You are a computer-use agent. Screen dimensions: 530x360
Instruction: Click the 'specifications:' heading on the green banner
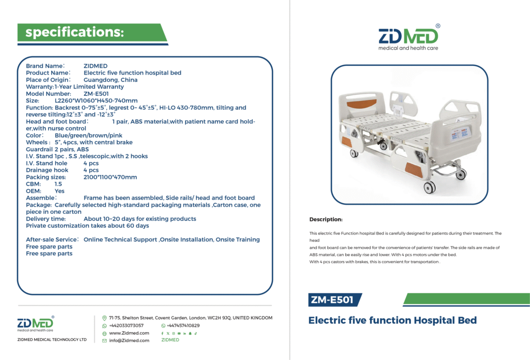[x=75, y=32]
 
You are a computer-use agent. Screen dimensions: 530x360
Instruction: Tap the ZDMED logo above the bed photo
[x=409, y=38]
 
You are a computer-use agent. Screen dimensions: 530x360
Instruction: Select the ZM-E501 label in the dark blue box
[x=332, y=300]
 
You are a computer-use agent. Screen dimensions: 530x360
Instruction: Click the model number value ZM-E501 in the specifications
[x=96, y=94]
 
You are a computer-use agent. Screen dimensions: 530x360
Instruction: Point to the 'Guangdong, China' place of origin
[x=111, y=80]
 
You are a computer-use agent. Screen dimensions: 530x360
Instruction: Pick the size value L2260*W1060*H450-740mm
[x=96, y=100]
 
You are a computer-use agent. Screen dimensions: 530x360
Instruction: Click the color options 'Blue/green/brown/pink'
[x=89, y=135]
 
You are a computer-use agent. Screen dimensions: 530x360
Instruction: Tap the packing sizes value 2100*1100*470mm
[x=110, y=177]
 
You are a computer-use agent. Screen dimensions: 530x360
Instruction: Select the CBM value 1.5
[x=58, y=184]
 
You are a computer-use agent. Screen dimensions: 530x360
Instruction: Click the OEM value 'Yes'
[x=60, y=191]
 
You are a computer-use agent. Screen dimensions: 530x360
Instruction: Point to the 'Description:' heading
[x=326, y=219]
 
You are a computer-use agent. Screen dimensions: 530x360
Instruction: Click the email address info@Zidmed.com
[x=129, y=340]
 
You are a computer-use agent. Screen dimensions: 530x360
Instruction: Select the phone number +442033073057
[x=126, y=325]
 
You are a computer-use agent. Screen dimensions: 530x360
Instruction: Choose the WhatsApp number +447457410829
[x=183, y=325]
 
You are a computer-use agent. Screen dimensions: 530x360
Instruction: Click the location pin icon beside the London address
[x=105, y=318]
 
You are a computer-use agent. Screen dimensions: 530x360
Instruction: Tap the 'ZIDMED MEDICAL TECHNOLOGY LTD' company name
[x=52, y=339]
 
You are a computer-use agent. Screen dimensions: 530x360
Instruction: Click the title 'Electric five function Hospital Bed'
[x=392, y=320]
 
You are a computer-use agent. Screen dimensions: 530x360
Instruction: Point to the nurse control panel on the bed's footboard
[x=460, y=134]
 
